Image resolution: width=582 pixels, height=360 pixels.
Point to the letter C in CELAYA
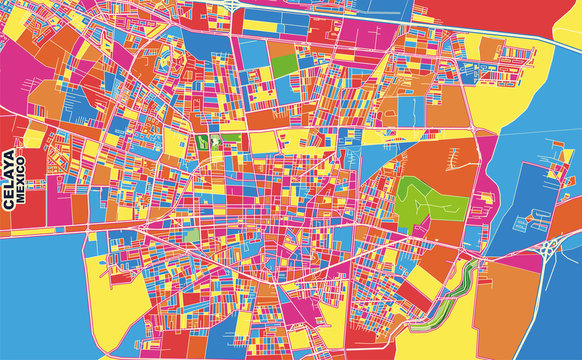[9, 200]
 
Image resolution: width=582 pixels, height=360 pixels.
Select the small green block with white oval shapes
[212, 141]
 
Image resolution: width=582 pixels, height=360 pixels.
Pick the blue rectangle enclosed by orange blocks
[411, 106]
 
